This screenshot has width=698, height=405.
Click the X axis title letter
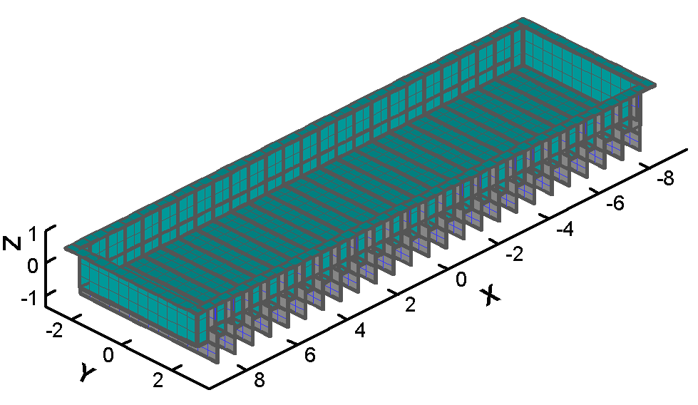pos(491,295)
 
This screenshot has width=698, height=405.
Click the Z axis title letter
pos(12,243)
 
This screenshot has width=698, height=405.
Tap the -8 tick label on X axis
pos(665,178)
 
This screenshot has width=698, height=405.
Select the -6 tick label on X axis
pos(615,203)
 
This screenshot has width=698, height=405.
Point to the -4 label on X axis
pos(565,230)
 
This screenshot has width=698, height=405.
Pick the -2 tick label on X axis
pos(515,255)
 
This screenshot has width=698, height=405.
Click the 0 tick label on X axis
pos(461,280)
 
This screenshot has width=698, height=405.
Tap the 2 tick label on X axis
pos(410,305)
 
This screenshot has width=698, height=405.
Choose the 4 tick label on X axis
pos(359,330)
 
